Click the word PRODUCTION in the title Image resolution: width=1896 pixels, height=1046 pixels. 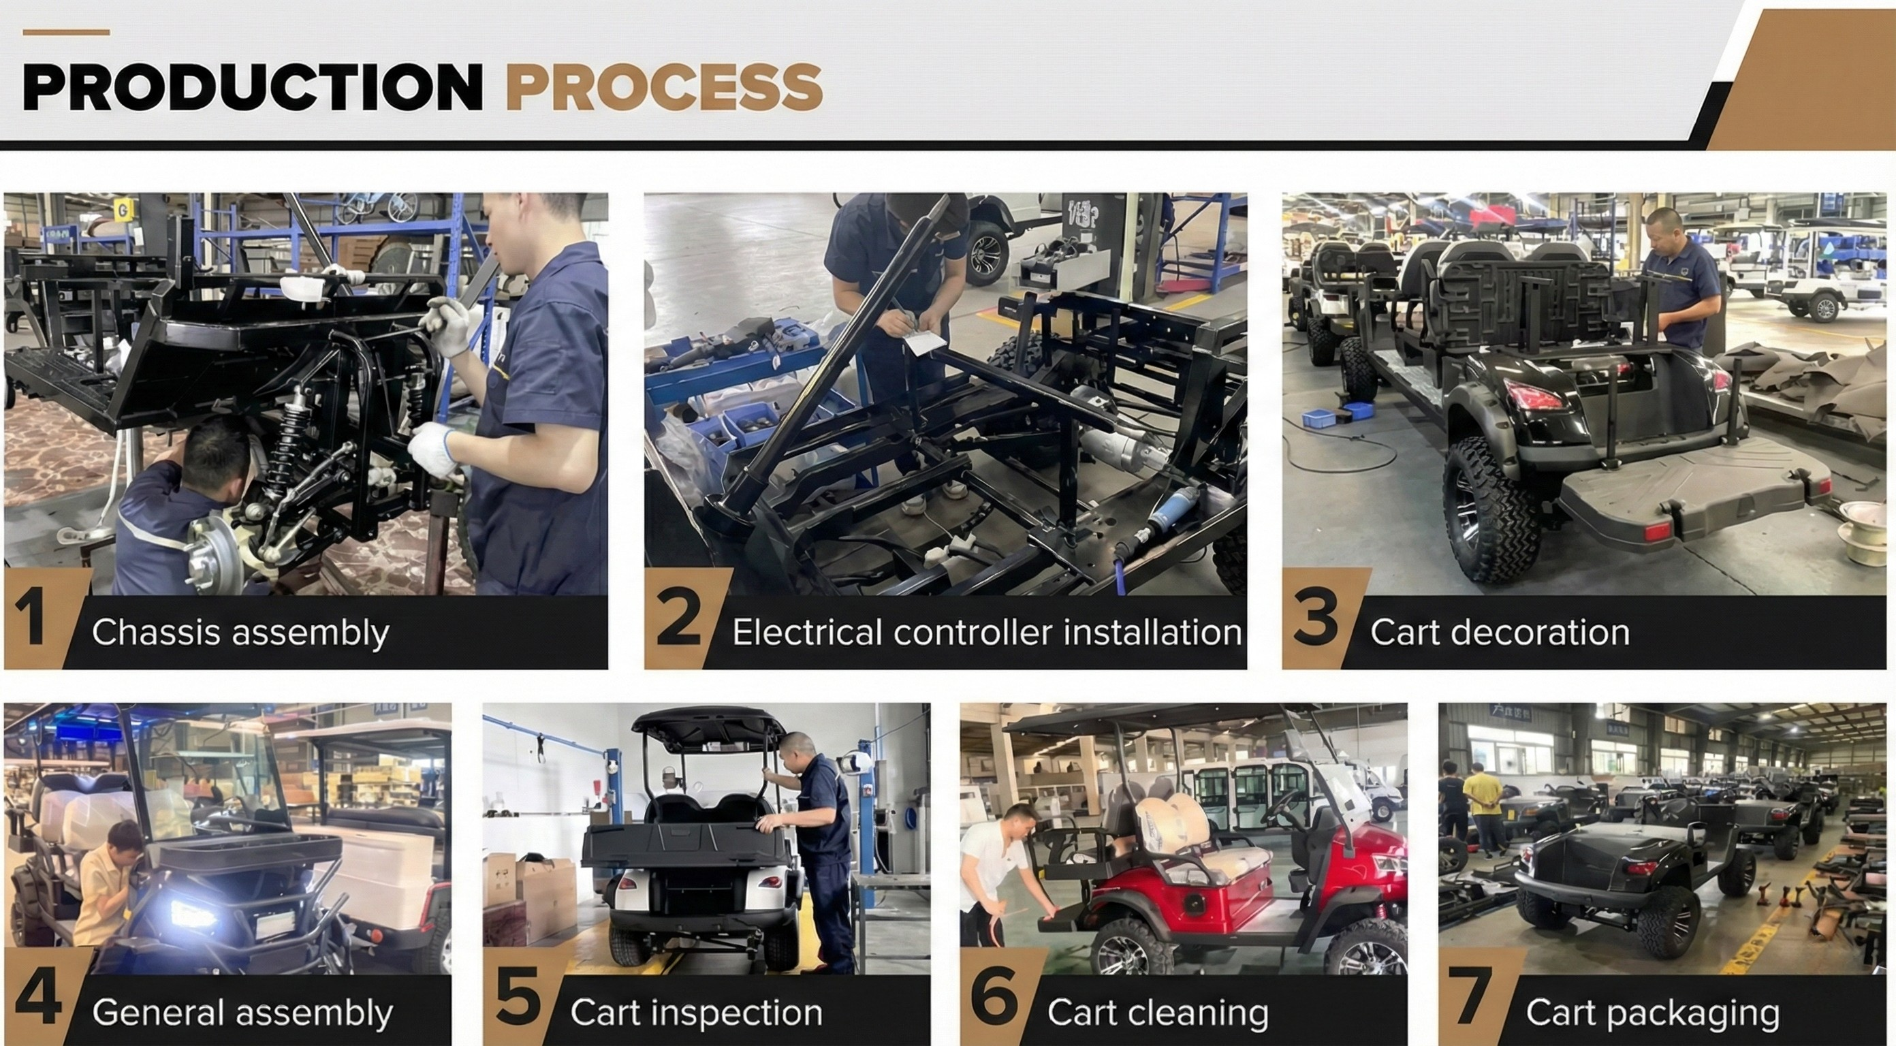[253, 87]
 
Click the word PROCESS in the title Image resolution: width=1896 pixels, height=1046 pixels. [663, 87]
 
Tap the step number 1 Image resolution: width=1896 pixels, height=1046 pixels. [31, 619]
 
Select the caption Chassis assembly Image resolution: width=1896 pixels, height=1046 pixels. [240, 633]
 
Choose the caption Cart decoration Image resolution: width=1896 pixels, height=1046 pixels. [1499, 633]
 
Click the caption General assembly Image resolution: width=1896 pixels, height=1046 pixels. [242, 1013]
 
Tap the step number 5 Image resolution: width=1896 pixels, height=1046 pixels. [518, 999]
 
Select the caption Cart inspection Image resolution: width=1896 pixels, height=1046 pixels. [695, 1013]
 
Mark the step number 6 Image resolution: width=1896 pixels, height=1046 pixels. [994, 999]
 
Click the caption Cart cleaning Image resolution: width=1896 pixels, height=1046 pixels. [1157, 1013]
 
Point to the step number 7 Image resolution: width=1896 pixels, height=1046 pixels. [1470, 999]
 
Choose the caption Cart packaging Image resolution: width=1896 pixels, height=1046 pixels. [1652, 1013]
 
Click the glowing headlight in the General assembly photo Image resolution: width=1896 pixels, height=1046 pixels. [193, 915]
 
